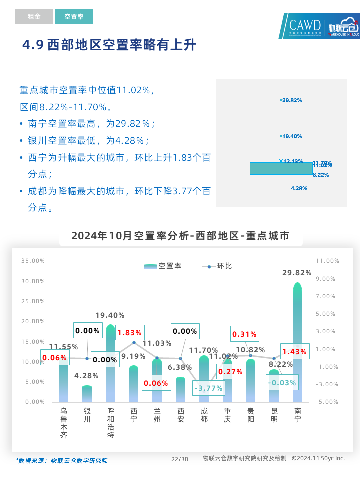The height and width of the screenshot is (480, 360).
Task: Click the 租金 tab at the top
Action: point(34,17)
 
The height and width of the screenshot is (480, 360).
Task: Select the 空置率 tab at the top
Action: point(74,17)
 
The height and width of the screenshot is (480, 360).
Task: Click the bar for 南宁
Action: point(297,345)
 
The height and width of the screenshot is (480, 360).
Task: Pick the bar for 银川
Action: point(87,394)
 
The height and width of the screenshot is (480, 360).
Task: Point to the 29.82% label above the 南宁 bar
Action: point(297,273)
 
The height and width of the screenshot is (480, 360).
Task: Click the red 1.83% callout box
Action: point(129,332)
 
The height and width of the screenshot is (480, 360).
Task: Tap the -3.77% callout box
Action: point(208,388)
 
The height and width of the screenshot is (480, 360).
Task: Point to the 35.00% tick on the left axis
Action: point(33,261)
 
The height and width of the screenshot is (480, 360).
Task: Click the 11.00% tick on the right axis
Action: point(328,261)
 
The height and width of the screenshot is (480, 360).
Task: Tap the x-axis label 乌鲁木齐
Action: point(64,423)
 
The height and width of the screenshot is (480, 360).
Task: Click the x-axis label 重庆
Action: point(227,415)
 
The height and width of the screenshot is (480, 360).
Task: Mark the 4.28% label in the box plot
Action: point(299,188)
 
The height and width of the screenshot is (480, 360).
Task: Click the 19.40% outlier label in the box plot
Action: point(292,136)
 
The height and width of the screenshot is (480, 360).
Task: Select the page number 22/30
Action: point(180,459)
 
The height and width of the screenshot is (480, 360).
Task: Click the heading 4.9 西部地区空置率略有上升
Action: point(109,45)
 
